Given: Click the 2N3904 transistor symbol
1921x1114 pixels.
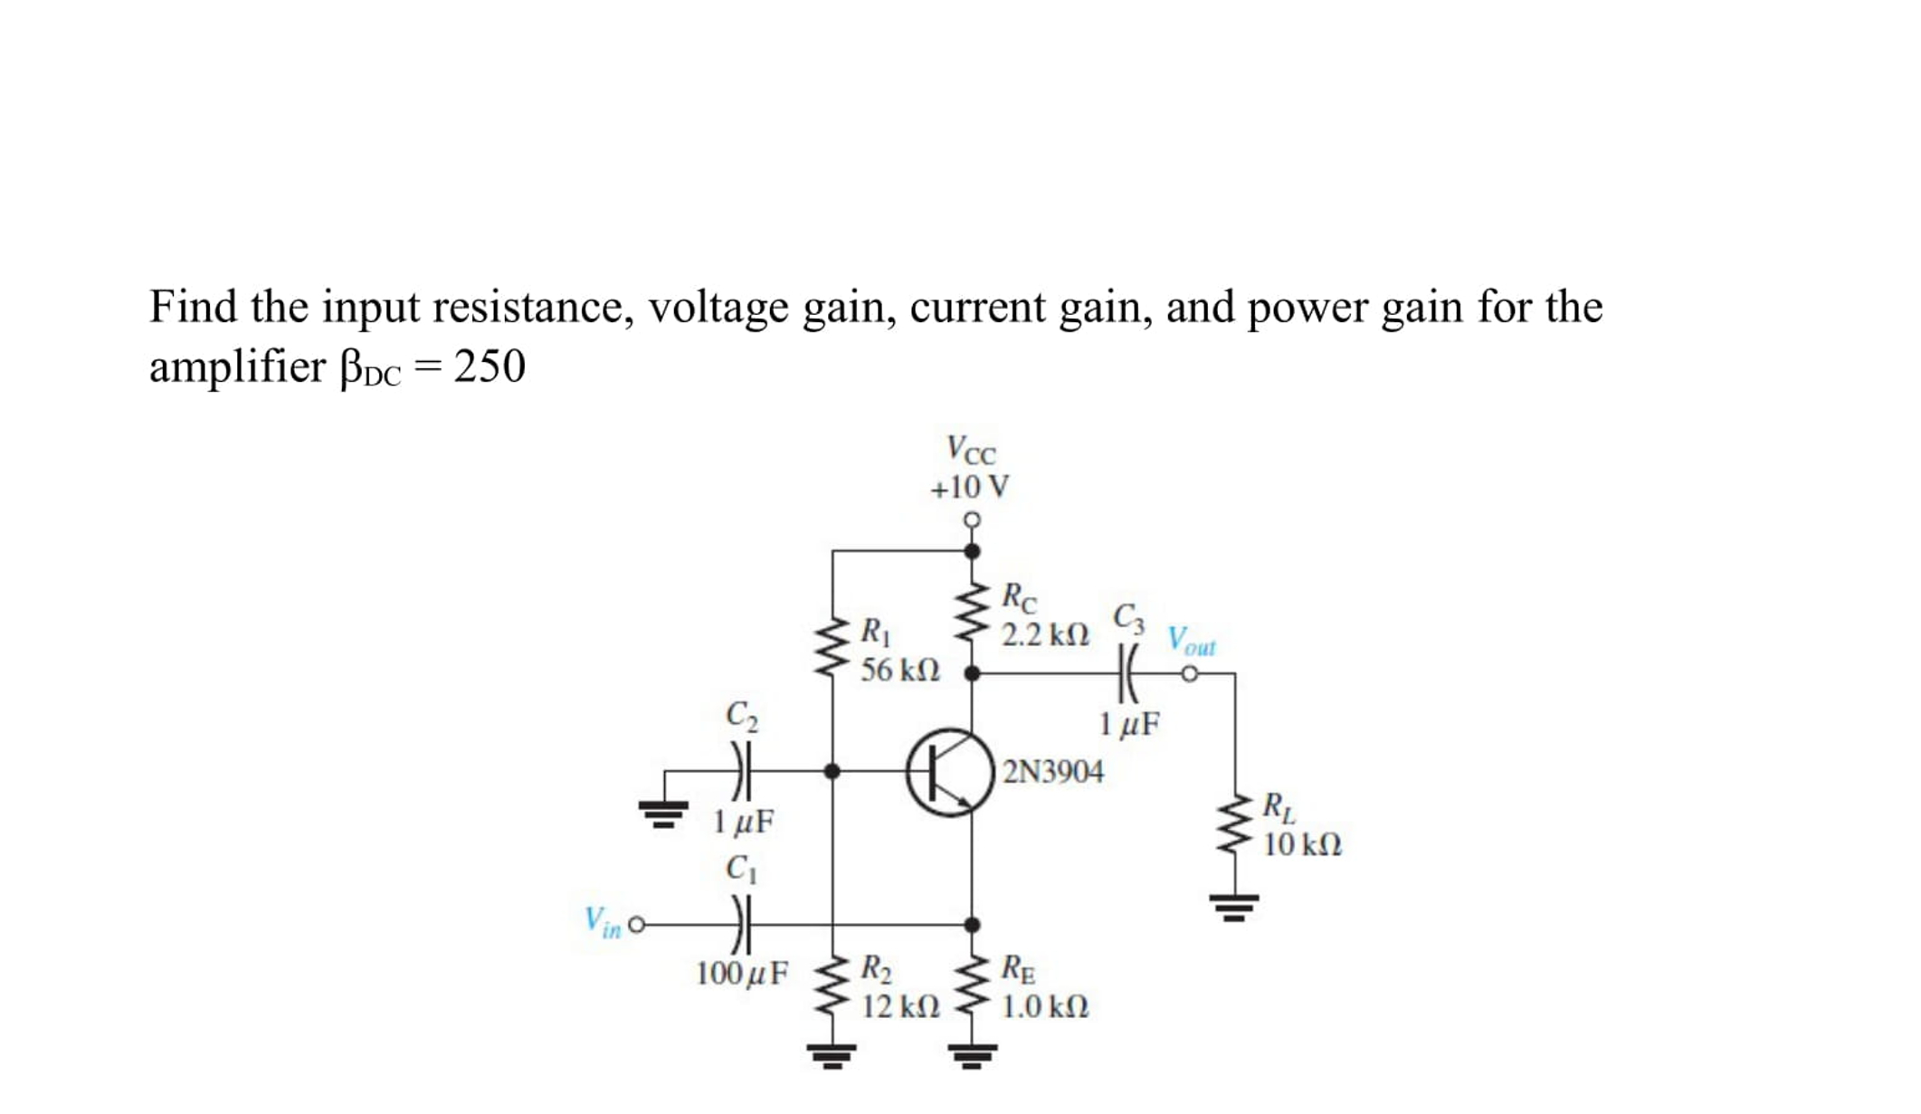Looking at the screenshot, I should (x=948, y=772).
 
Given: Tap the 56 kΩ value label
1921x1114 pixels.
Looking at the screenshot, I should (x=899, y=671).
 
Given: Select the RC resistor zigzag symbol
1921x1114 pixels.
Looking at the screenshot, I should (x=972, y=612).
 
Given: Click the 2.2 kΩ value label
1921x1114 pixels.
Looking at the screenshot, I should (x=1045, y=635).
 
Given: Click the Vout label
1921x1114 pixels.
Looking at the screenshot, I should (x=1191, y=641).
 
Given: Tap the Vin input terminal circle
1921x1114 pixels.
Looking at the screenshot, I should (x=636, y=925).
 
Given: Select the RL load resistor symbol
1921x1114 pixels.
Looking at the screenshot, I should (x=1235, y=825).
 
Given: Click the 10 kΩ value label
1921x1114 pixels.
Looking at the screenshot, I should (x=1301, y=845).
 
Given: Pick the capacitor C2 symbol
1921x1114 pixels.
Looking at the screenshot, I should (x=741, y=771).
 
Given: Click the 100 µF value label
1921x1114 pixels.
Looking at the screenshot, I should (x=741, y=974).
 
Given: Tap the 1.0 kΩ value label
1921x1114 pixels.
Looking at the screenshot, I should (x=1045, y=1006).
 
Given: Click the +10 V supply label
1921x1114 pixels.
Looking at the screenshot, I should (x=969, y=488).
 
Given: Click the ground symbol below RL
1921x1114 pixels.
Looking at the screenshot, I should (x=1234, y=906).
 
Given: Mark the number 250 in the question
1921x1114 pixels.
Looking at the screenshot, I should (x=489, y=367).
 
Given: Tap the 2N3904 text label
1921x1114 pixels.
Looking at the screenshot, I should (x=1053, y=772).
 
